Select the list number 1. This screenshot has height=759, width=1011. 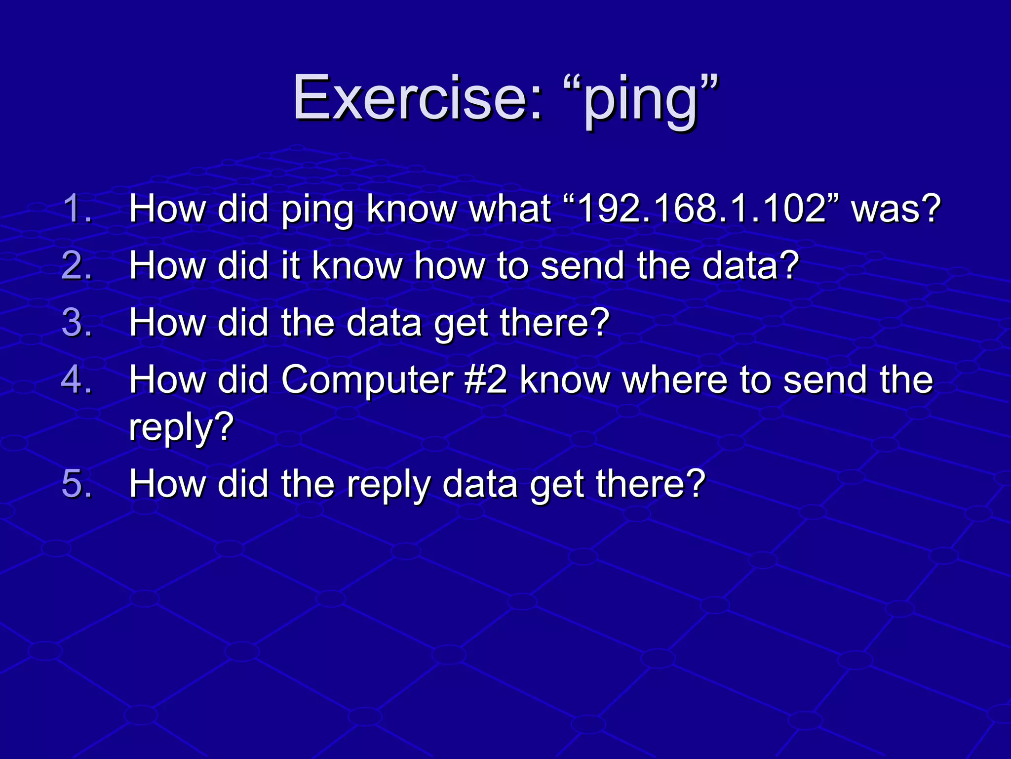pyautogui.click(x=77, y=209)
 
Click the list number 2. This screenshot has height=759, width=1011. pyautogui.click(x=77, y=265)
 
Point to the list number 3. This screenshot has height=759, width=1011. pyautogui.click(x=77, y=322)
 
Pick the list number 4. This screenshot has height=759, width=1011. pyautogui.click(x=77, y=379)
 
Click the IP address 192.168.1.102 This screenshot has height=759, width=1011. pyautogui.click(x=701, y=209)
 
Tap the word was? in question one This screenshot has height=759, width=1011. pyautogui.click(x=896, y=209)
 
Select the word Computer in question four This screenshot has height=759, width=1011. pyautogui.click(x=368, y=380)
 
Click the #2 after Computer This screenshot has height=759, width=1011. pyautogui.click(x=486, y=379)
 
